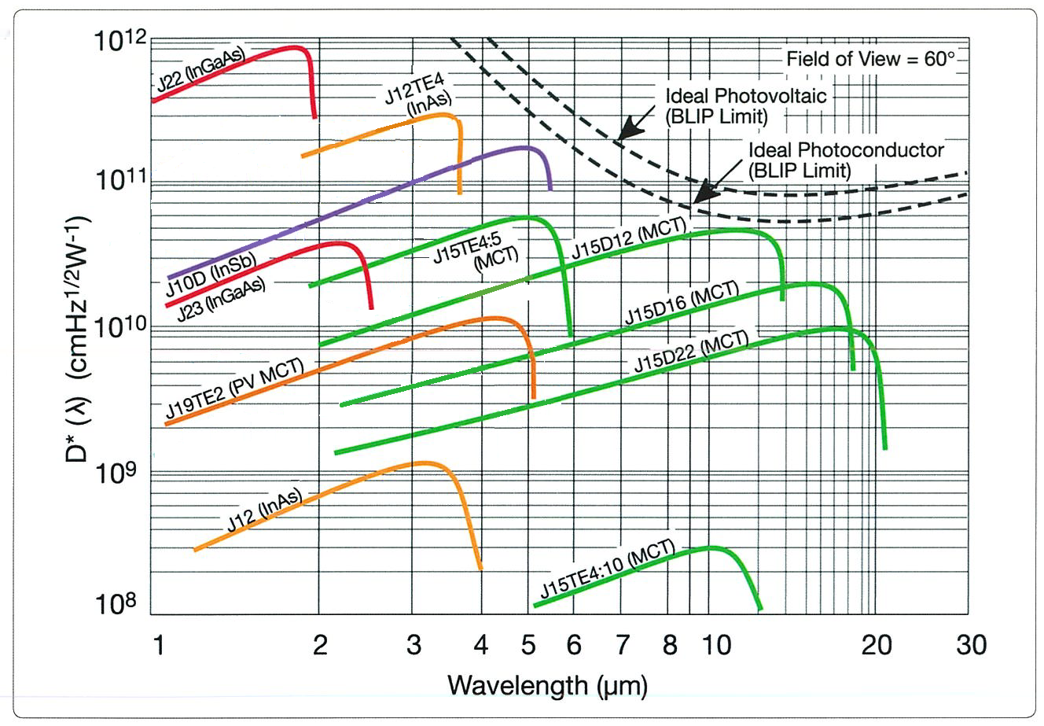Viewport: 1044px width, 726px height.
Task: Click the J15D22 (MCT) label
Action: (x=691, y=352)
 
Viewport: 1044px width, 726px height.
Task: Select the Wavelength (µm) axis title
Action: (x=547, y=685)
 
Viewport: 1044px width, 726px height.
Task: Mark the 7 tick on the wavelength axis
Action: (x=621, y=646)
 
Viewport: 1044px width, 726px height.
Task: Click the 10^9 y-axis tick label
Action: (x=117, y=473)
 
